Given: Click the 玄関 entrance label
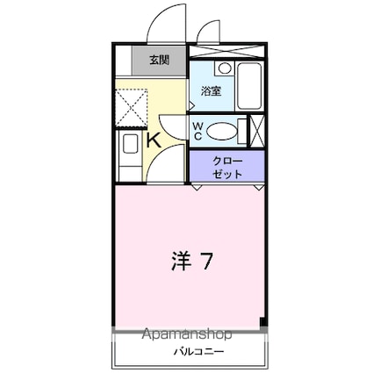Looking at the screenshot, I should coord(158,61).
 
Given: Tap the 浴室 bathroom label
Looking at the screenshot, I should coord(211,91).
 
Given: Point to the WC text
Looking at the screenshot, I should coord(197,132).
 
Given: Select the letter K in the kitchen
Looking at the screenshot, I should coord(152,139).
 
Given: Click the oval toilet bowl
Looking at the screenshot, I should coord(223,132).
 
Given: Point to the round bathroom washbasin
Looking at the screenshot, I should coord(225,68).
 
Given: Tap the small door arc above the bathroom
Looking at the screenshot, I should coord(208,33).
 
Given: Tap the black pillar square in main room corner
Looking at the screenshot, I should coord(261,322).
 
